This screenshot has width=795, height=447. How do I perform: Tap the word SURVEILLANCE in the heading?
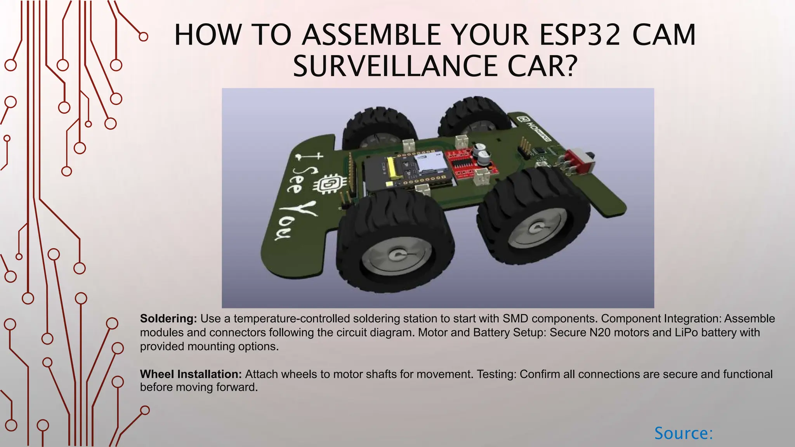[394, 66]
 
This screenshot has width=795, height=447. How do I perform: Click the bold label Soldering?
[168, 319]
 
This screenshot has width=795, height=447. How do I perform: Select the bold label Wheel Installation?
[191, 374]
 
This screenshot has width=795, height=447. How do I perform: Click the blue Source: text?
[684, 433]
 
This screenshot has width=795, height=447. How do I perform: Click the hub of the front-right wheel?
[538, 227]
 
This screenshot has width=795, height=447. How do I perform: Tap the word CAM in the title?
[664, 35]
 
